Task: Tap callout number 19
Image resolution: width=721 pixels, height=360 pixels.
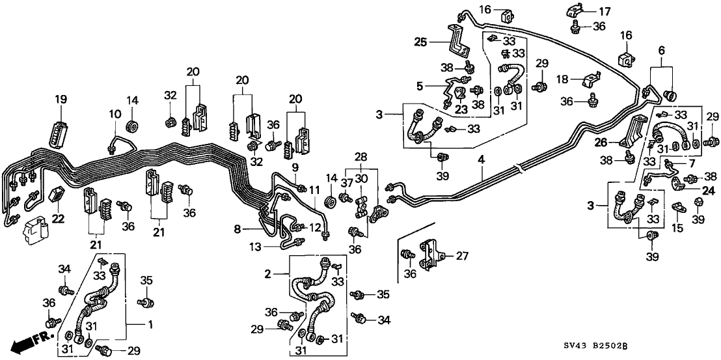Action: point(61,100)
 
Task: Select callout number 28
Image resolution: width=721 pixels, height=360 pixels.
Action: point(360,157)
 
